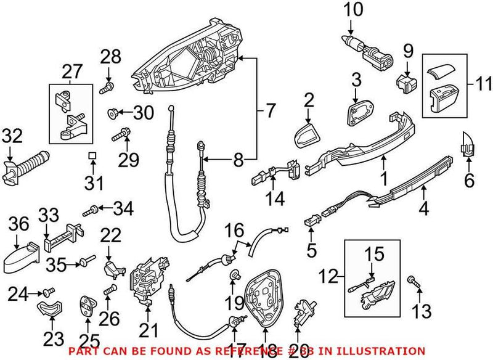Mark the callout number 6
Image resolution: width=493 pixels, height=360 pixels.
click(469, 181)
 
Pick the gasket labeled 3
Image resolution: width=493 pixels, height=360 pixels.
click(357, 114)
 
